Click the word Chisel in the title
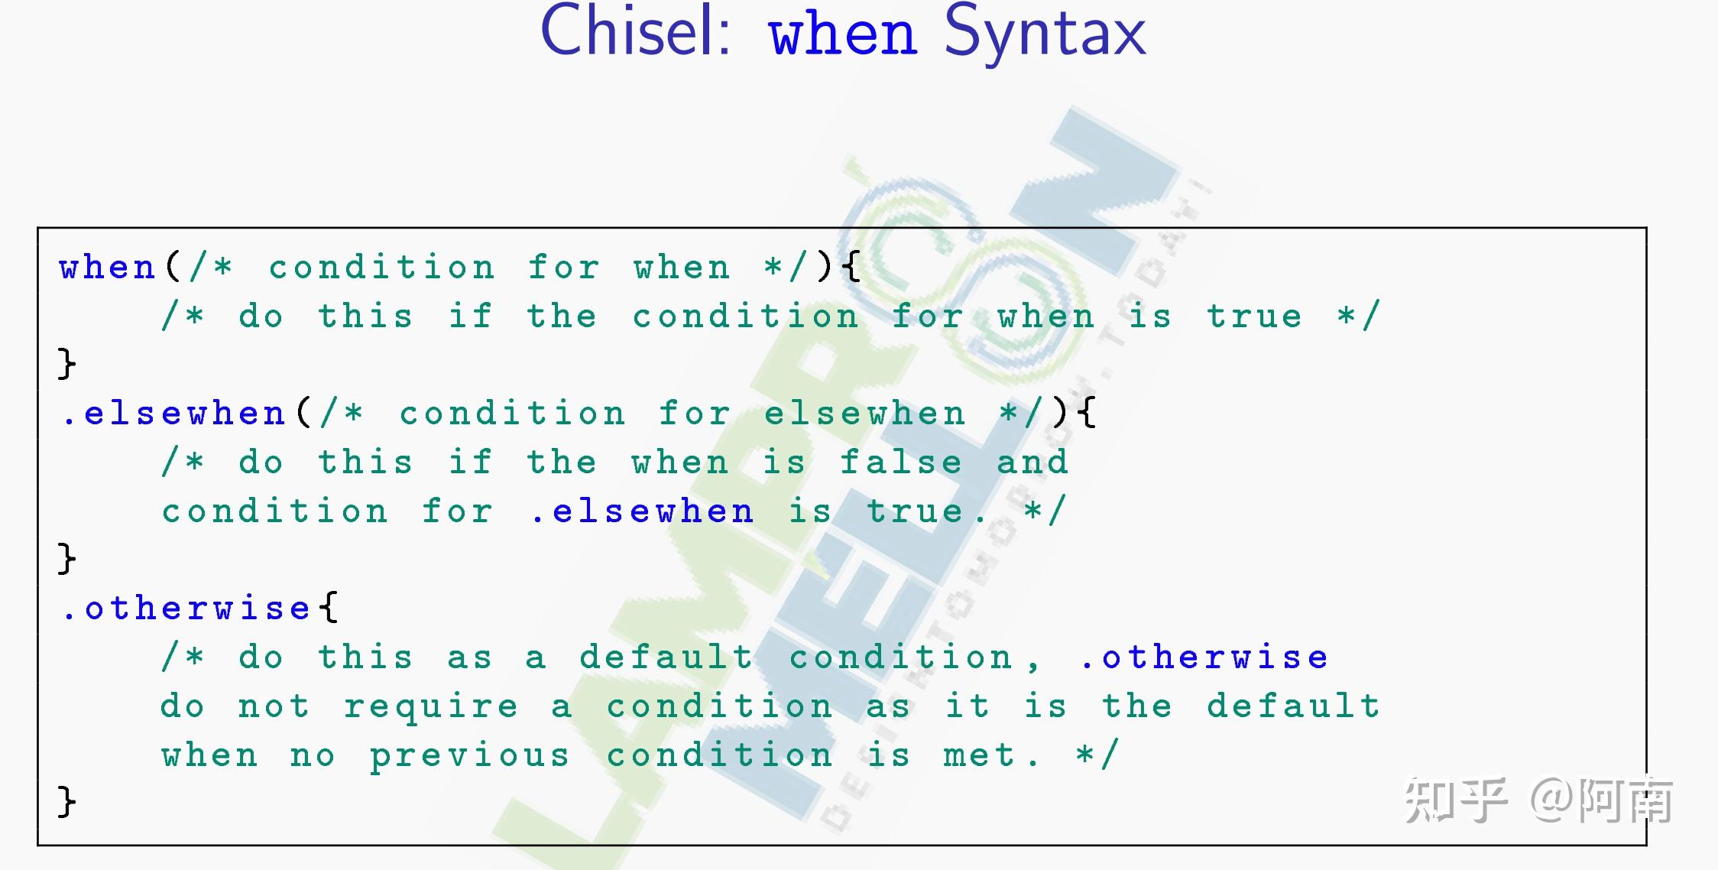(x=636, y=32)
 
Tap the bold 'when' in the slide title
(x=842, y=35)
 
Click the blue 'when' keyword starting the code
(x=108, y=268)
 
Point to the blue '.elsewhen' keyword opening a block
(x=174, y=414)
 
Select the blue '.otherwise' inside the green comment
(x=1204, y=657)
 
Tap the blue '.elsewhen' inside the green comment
(x=643, y=511)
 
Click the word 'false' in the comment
(x=901, y=463)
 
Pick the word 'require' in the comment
(x=431, y=707)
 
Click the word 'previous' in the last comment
(x=470, y=756)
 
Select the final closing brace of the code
(x=67, y=802)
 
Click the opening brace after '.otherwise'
(x=329, y=609)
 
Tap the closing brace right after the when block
(x=67, y=363)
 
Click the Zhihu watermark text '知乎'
(x=1455, y=800)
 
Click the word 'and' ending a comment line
(x=1032, y=463)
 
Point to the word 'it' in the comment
(x=967, y=706)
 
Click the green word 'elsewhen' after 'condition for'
(x=864, y=414)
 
